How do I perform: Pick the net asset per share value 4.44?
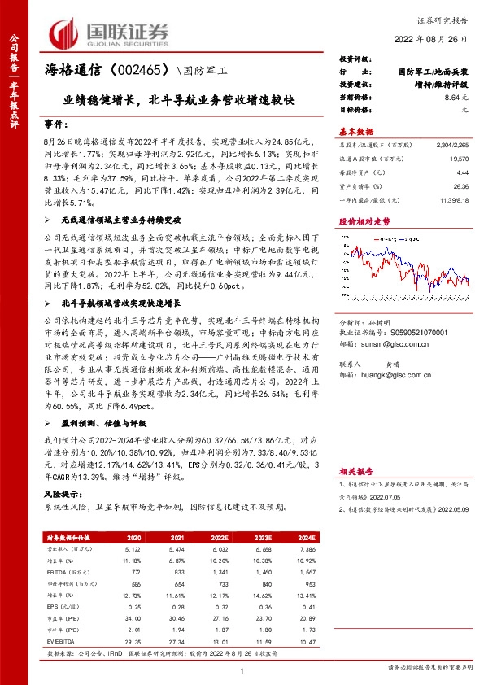click(x=462, y=172)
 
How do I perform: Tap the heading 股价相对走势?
click(x=359, y=220)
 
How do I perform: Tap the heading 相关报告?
click(x=355, y=470)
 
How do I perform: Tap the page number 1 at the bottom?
click(x=242, y=670)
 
